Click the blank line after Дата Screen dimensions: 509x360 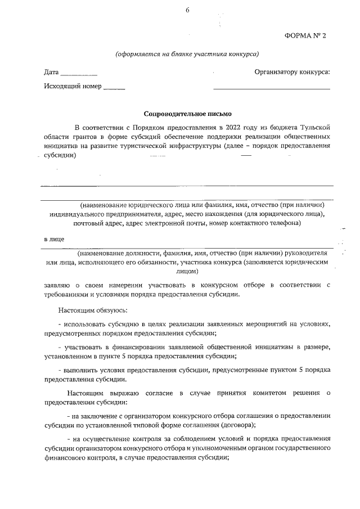coord(79,74)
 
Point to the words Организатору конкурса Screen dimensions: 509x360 coord(292,71)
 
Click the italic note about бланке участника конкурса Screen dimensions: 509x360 coord(187,55)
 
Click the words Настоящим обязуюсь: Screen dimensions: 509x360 coord(93,310)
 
